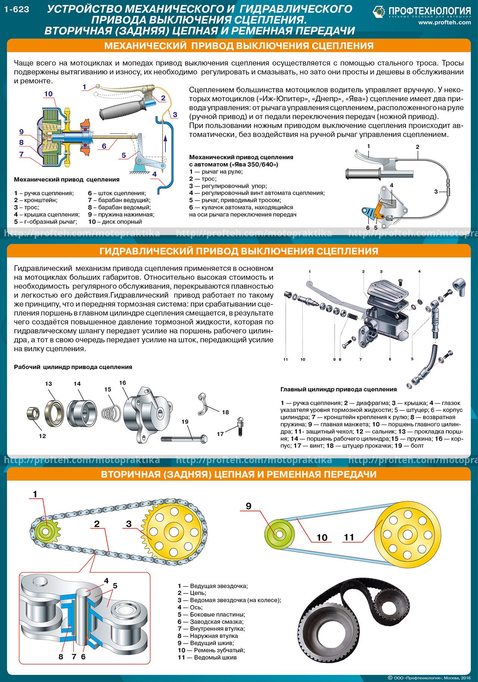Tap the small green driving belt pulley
click(x=278, y=533)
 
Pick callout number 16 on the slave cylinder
click(x=122, y=383)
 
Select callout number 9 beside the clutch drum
click(x=21, y=131)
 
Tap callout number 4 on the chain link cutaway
click(x=106, y=581)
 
